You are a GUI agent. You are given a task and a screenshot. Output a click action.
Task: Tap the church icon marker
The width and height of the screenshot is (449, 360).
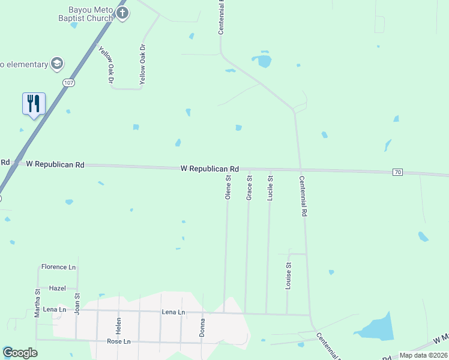122,14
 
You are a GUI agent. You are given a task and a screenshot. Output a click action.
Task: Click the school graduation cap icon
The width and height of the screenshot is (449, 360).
58,64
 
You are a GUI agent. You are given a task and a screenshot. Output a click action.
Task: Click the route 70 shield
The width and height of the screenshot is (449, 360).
397,172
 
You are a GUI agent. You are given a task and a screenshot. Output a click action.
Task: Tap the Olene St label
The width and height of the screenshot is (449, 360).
228,187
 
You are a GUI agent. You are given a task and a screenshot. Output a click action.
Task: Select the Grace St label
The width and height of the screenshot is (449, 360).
249,187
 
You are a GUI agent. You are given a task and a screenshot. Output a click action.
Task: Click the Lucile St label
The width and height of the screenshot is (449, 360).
270,188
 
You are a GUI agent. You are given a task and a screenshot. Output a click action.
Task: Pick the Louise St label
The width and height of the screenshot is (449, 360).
288,276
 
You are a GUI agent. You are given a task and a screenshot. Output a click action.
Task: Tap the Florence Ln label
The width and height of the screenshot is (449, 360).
59,267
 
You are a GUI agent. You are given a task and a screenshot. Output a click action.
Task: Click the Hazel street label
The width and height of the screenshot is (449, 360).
58,288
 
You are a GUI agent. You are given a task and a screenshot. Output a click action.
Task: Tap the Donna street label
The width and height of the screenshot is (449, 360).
202,327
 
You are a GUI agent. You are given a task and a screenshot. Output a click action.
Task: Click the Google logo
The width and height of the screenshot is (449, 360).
20,353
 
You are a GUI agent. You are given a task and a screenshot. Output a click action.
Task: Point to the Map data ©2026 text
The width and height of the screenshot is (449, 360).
423,355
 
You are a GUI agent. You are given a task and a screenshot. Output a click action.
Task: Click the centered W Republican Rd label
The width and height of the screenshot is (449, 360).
210,169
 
